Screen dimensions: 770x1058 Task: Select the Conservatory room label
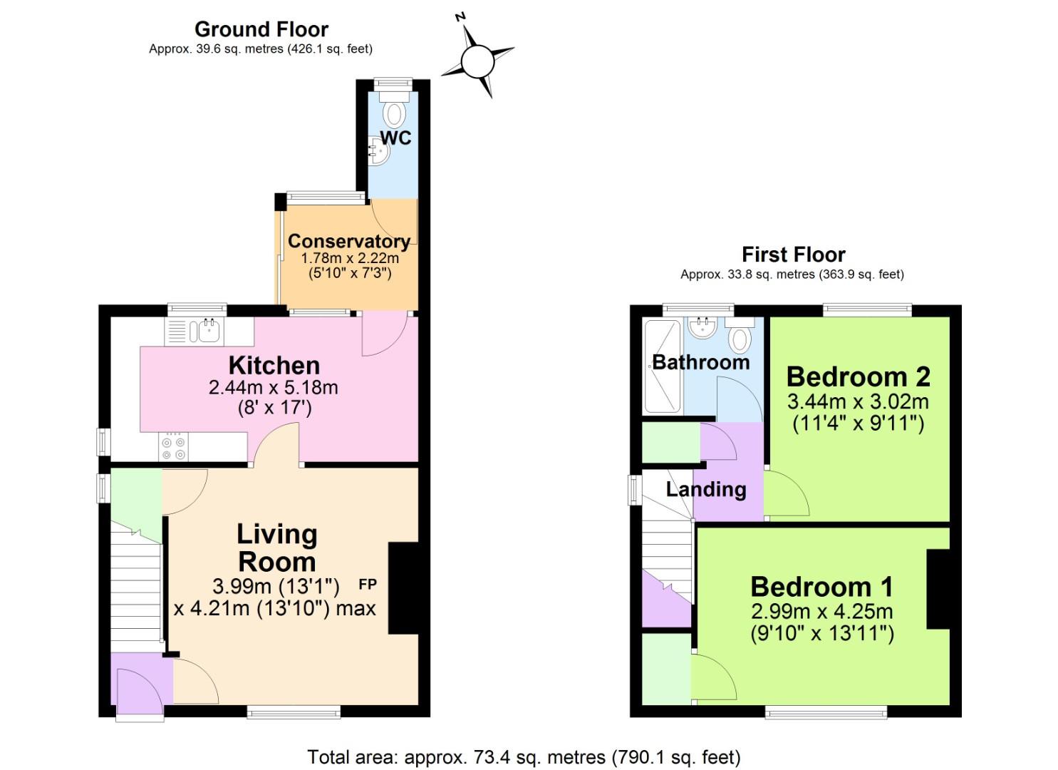coord(348,241)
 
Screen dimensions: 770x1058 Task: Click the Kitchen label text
coord(274,366)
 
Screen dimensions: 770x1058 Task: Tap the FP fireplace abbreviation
coord(368,585)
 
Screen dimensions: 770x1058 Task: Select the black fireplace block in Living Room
coord(403,588)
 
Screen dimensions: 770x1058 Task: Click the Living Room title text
coord(276,548)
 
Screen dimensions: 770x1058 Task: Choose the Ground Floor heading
coord(261,29)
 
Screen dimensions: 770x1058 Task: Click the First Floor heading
coord(793,255)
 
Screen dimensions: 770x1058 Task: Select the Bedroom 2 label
coord(858,376)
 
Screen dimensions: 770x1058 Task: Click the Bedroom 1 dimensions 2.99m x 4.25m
coord(821,611)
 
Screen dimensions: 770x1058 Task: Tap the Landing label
coord(705,489)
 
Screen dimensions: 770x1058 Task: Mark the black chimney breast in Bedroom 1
coord(938,589)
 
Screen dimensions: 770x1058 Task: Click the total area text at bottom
coord(524,756)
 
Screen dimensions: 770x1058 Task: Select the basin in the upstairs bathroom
coord(703,327)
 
